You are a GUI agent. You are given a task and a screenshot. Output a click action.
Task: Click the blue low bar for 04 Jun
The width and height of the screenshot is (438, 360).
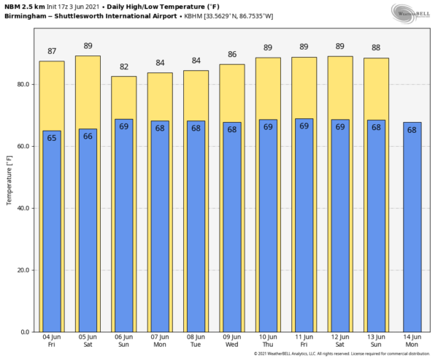click(52, 234)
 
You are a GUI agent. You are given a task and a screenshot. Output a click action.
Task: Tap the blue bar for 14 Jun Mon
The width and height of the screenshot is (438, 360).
click(412, 234)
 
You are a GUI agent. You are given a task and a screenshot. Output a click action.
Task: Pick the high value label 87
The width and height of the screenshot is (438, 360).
click(52, 51)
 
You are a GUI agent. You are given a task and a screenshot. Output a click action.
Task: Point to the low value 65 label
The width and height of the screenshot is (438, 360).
click(52, 138)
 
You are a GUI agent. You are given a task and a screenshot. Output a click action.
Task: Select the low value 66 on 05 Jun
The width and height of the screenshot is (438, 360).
click(88, 136)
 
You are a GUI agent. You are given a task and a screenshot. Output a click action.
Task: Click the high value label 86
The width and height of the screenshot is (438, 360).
click(231, 55)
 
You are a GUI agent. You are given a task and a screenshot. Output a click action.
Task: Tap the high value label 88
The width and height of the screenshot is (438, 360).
click(376, 48)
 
